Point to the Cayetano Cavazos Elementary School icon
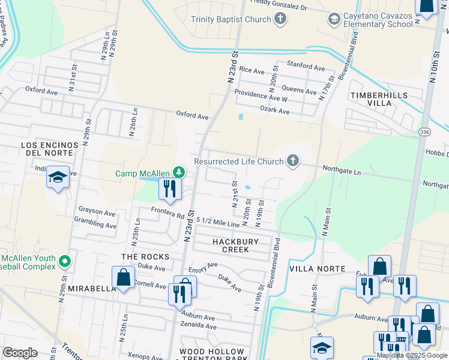(x=334, y=19)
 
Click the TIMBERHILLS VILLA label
(x=379, y=99)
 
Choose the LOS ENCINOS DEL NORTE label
(x=50, y=149)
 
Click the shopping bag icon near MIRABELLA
(x=123, y=277)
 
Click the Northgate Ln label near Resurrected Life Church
(x=341, y=171)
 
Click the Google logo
(x=20, y=353)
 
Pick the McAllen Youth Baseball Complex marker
(x=65, y=261)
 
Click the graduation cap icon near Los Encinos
(x=58, y=178)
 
